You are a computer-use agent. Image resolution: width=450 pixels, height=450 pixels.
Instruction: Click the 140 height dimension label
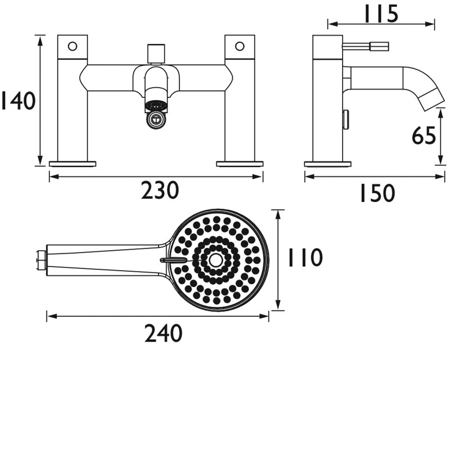click(x=18, y=101)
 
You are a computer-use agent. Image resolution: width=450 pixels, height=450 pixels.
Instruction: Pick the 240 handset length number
click(x=163, y=334)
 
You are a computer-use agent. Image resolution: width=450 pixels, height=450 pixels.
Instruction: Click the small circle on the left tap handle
click(x=73, y=46)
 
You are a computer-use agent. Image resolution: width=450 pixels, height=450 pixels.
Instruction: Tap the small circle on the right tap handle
click(x=240, y=46)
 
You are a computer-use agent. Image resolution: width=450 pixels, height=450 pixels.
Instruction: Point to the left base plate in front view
click(x=73, y=164)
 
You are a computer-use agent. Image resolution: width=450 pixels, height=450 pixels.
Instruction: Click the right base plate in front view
click(x=240, y=164)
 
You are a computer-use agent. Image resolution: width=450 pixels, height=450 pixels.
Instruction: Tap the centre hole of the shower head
click(x=216, y=259)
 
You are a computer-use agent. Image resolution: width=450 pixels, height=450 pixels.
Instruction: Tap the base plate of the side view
click(x=328, y=164)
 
